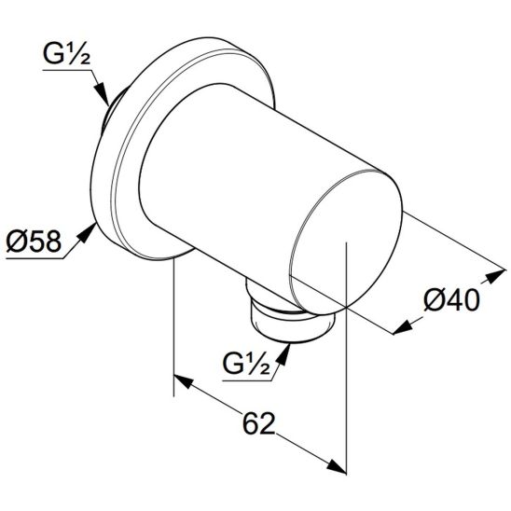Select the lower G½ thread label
click(x=246, y=363)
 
